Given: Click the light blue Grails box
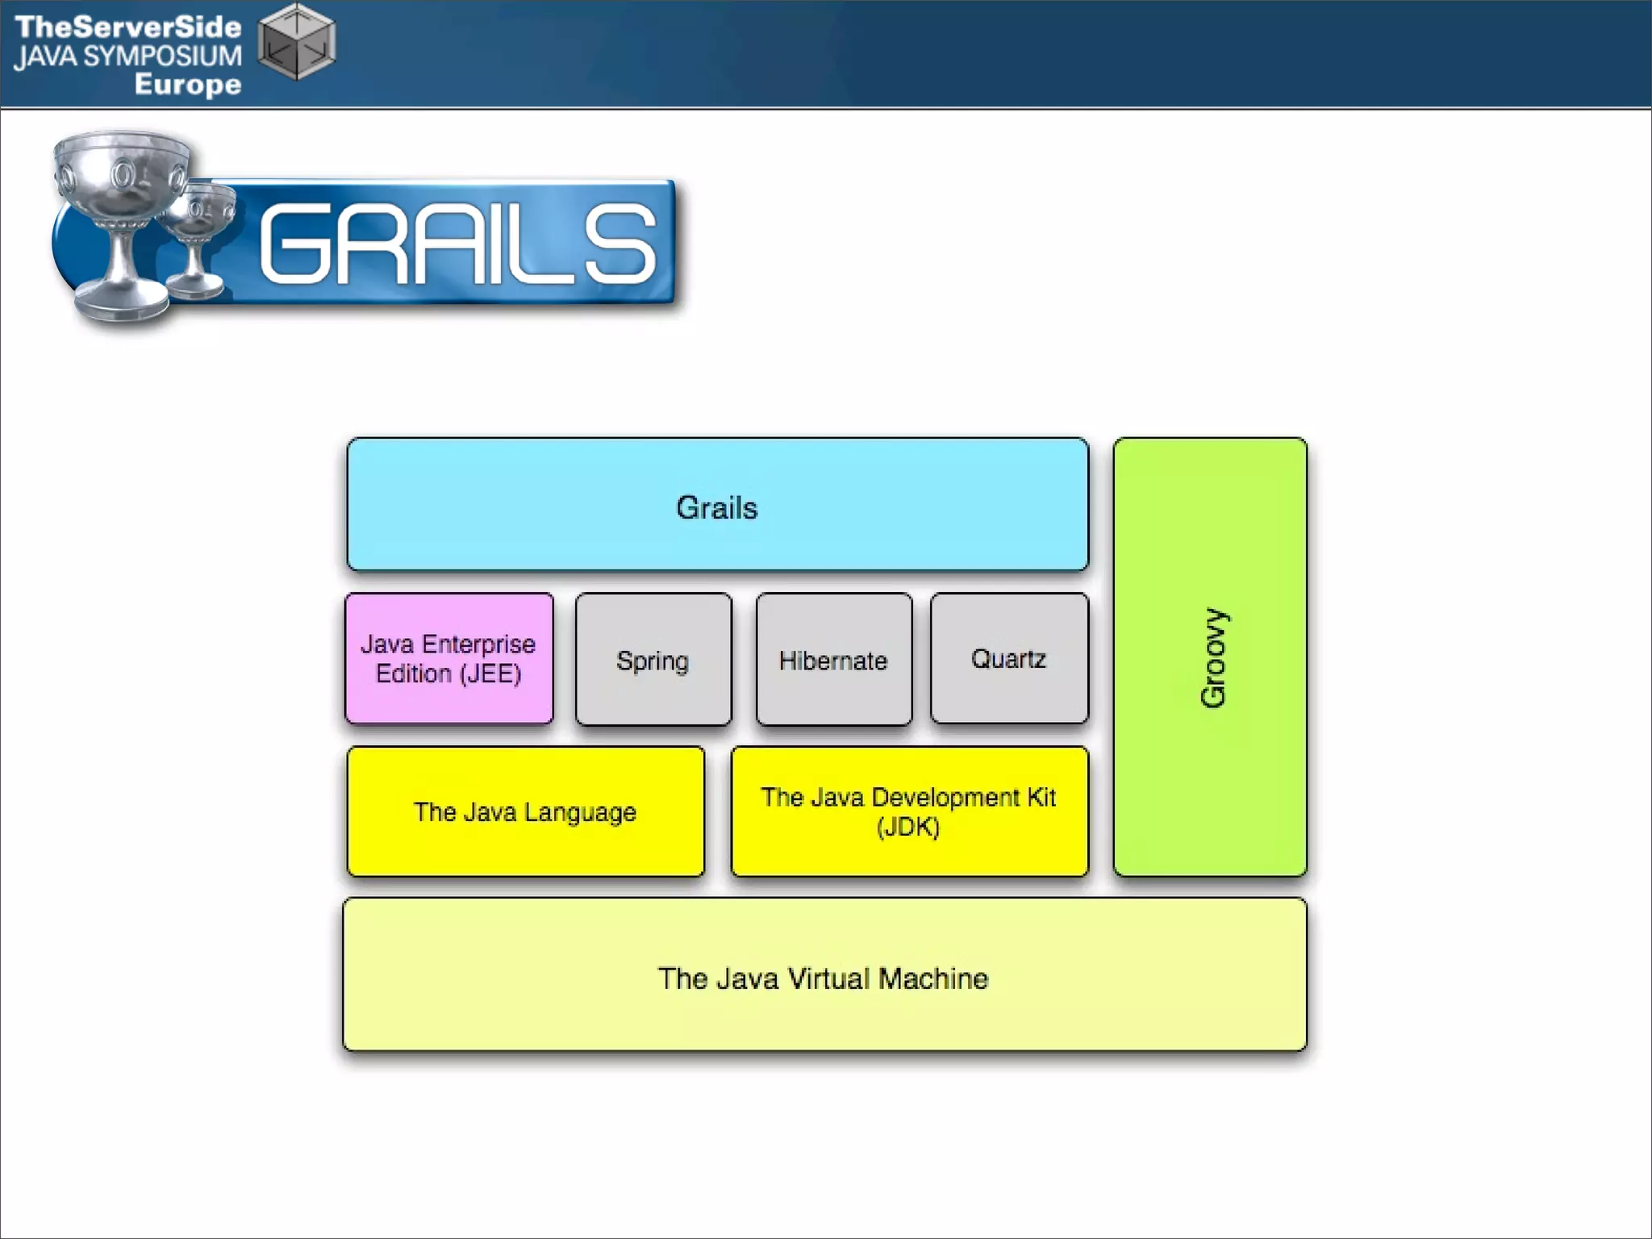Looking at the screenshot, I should pos(717,505).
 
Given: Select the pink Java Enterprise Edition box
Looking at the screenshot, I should pos(449,658).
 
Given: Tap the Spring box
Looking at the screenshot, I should pos(653,660).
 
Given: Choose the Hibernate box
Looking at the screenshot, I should pos(833,660).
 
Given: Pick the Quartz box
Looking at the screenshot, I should pos(1009,658).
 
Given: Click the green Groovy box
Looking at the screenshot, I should pos(1210,657).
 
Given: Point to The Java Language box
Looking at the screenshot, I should pos(525,811).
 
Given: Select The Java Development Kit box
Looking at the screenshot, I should pos(909,811).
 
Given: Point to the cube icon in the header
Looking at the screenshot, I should pos(296,42).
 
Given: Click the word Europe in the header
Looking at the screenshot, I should pos(188,84).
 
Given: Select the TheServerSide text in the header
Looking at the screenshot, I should pos(128,27).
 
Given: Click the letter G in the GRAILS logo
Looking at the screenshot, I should pos(294,244).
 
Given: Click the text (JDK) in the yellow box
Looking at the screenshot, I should pos(908,828).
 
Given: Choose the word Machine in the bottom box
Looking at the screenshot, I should pos(933,978).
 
